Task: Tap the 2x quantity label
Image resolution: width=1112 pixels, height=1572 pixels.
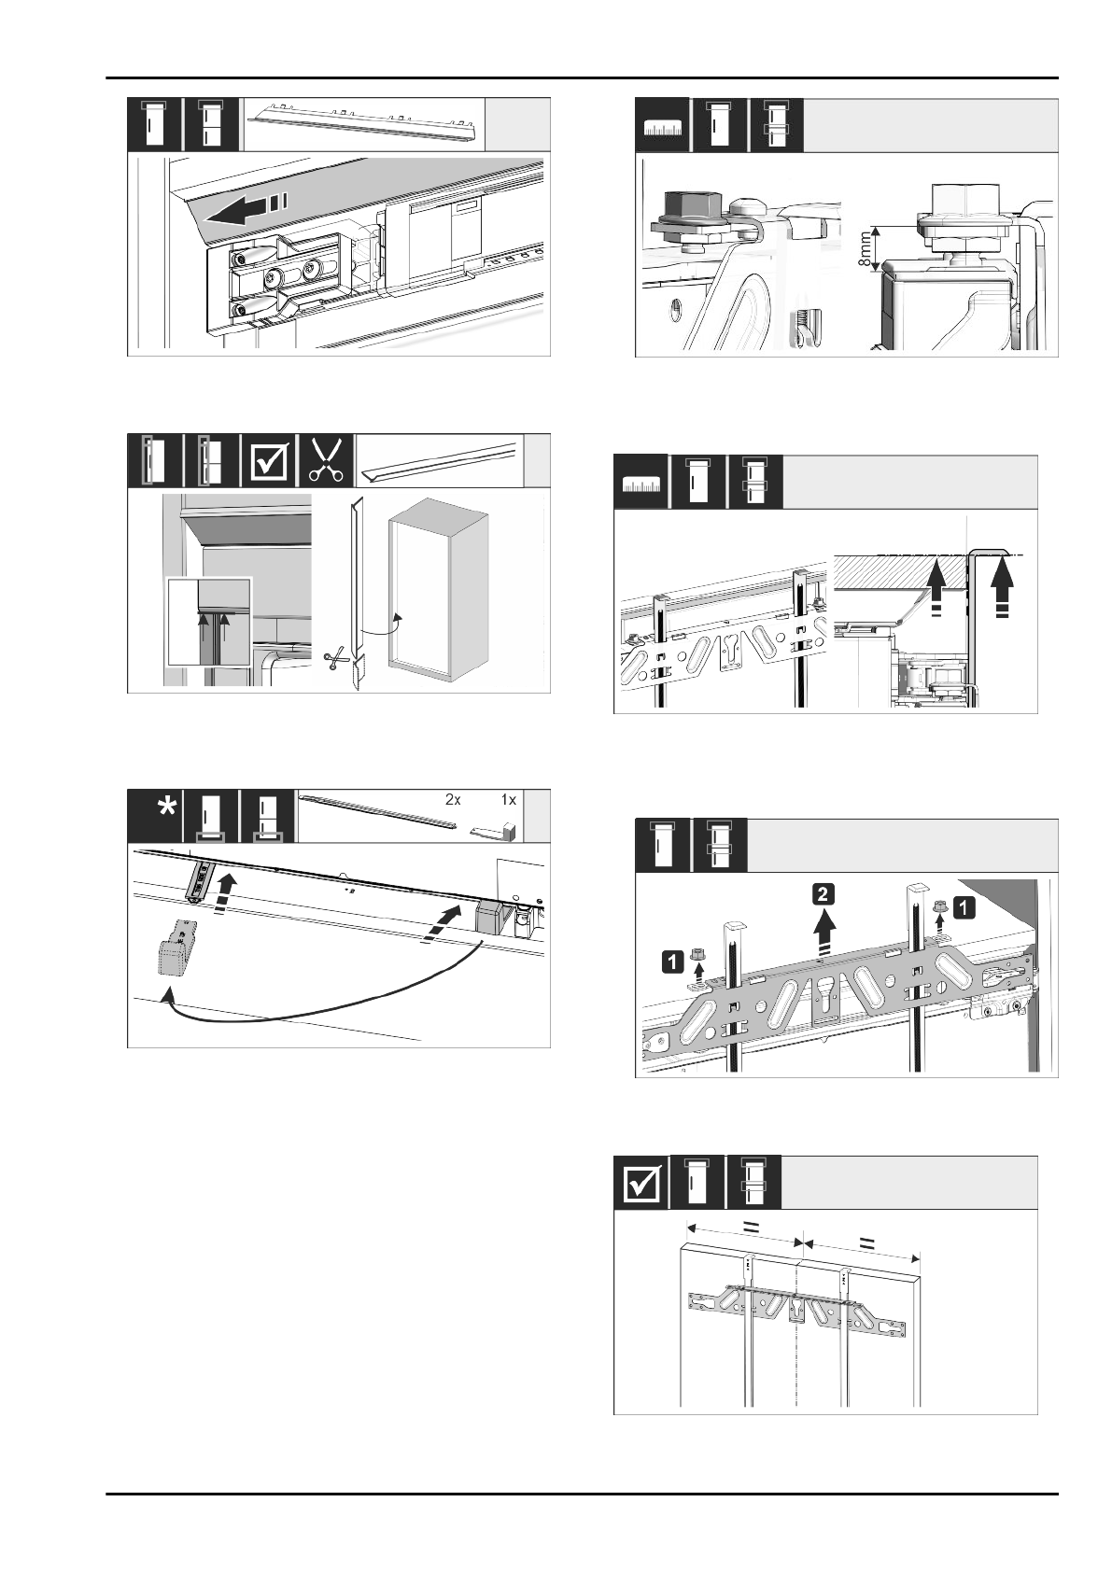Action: click(x=454, y=800)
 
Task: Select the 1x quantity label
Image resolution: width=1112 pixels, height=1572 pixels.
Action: click(x=508, y=800)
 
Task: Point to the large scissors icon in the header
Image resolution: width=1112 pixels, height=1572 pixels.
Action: click(x=326, y=460)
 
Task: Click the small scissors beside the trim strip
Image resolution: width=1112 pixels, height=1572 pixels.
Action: click(x=333, y=660)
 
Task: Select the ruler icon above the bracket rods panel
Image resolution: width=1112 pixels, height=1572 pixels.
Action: click(x=640, y=484)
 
